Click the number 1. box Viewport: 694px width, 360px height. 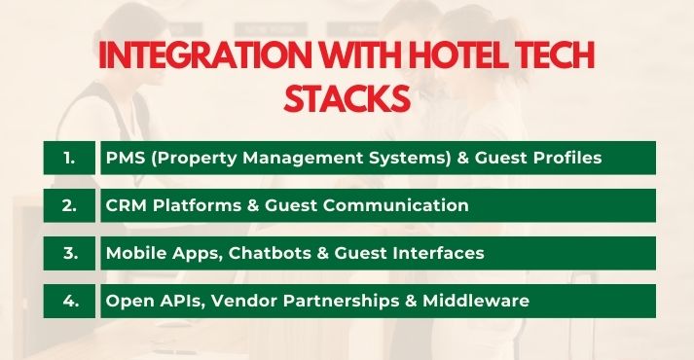[x=69, y=158]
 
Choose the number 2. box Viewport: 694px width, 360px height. [x=69, y=205]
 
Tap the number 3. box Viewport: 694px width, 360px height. [x=69, y=253]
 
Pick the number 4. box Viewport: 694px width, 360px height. [x=69, y=301]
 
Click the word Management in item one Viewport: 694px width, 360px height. [x=297, y=158]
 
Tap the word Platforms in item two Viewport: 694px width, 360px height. [x=192, y=205]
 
